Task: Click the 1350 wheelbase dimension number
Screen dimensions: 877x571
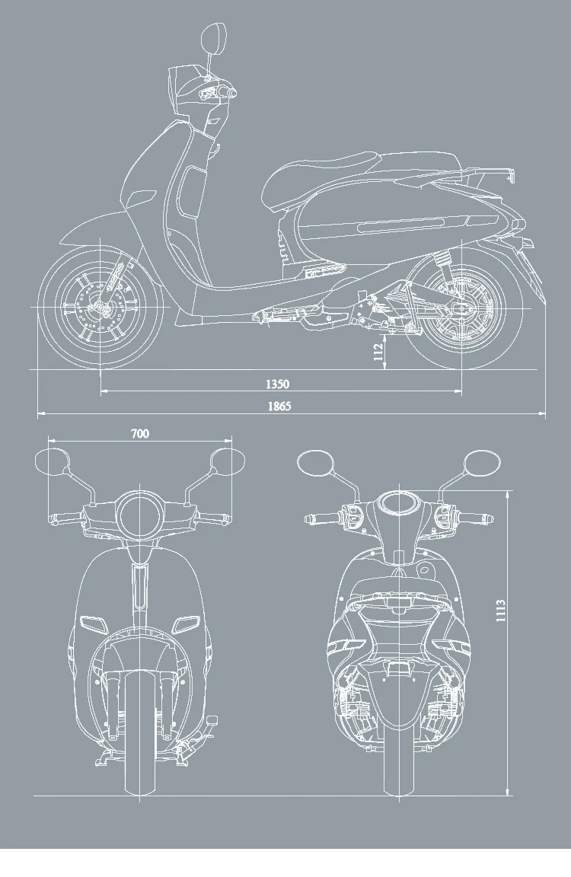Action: (278, 384)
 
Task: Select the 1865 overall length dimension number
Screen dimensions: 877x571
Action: (279, 406)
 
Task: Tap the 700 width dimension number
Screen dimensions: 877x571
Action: (139, 434)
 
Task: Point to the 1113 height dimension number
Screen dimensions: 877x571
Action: (501, 611)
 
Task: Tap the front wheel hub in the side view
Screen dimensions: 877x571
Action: (100, 307)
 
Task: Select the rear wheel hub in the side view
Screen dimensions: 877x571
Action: (461, 307)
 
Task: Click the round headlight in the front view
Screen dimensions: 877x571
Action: (139, 514)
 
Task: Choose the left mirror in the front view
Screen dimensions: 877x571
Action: (52, 462)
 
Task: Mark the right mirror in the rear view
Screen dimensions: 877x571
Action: (483, 462)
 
